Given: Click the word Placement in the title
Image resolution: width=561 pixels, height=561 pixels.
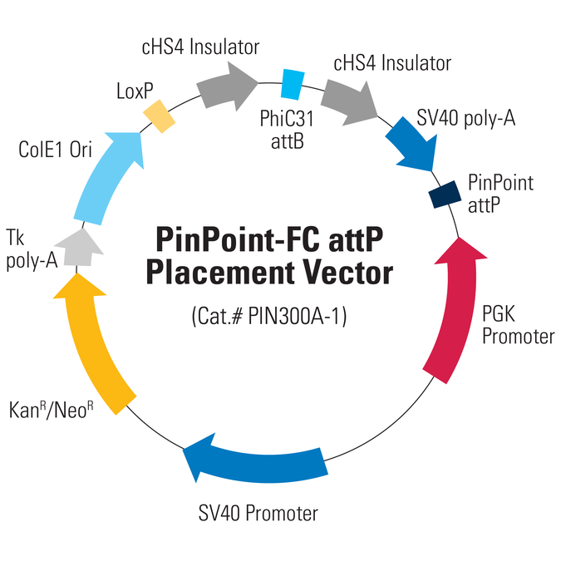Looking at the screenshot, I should coord(219,273).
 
